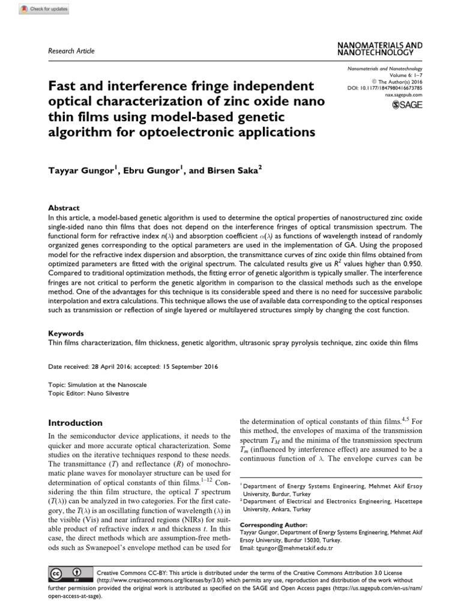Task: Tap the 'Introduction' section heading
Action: pyautogui.click(x=75, y=423)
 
